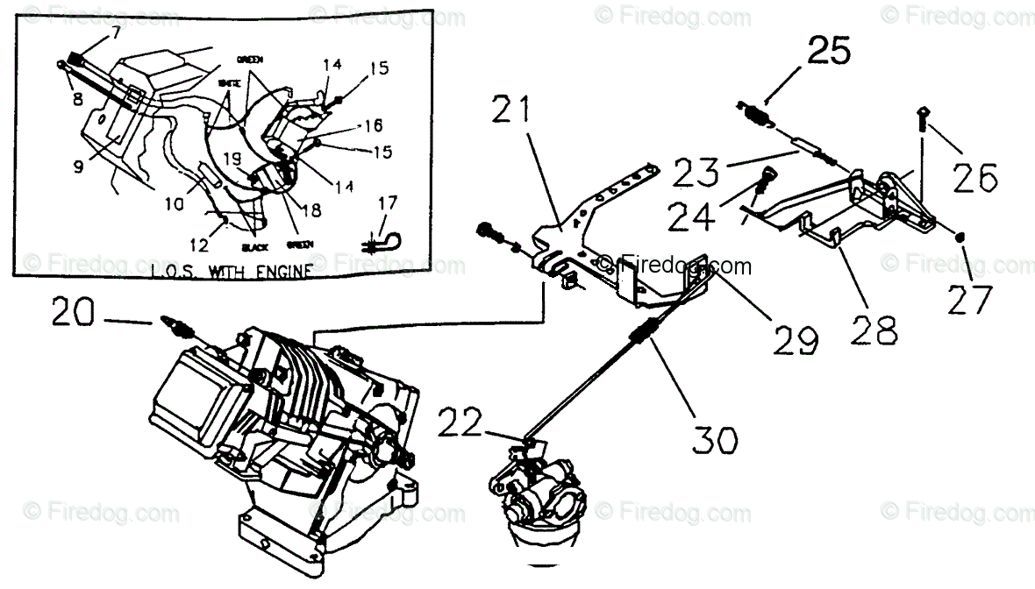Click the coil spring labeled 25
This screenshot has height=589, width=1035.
(x=755, y=113)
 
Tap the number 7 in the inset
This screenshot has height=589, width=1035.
(x=114, y=34)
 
